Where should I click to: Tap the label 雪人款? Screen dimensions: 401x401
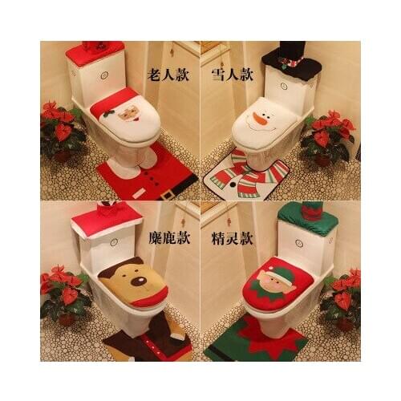(x=233, y=75)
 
